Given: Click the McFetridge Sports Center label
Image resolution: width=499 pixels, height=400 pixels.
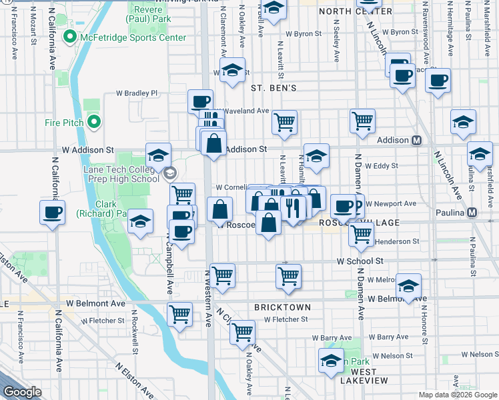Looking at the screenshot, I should pyautogui.click(x=132, y=37).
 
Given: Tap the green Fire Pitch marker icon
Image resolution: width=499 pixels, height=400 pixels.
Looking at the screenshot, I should pyautogui.click(x=94, y=122).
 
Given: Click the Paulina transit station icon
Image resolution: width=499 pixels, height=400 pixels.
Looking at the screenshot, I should pyautogui.click(x=472, y=212).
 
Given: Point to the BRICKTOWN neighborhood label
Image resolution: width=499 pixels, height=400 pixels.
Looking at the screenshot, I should pyautogui.click(x=282, y=307).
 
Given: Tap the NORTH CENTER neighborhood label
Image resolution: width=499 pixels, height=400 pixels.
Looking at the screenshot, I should pyautogui.click(x=356, y=12).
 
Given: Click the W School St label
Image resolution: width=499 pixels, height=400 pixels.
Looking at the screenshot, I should pyautogui.click(x=360, y=261).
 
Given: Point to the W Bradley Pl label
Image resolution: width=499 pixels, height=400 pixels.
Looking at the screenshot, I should pyautogui.click(x=137, y=94).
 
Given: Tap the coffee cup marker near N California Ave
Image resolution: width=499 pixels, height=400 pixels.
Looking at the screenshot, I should pyautogui.click(x=53, y=213).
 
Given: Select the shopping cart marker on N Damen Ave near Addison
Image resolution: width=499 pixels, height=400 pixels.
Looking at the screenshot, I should pyautogui.click(x=362, y=121).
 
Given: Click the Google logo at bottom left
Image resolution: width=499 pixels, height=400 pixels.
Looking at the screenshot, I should pyautogui.click(x=22, y=392).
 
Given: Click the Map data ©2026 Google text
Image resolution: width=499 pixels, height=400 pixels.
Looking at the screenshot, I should pyautogui.click(x=458, y=395).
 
